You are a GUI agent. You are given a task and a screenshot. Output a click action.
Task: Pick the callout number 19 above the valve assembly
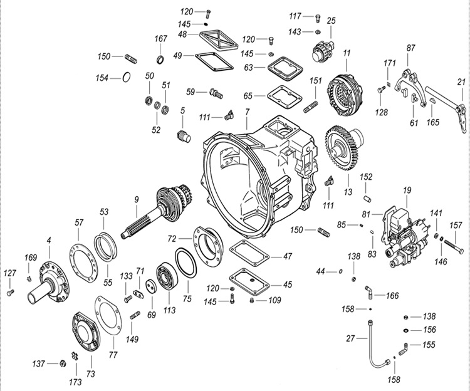point(406,189)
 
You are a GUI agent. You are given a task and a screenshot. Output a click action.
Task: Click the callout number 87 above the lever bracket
point(411,48)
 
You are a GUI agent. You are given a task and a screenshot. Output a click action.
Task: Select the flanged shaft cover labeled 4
point(51,281)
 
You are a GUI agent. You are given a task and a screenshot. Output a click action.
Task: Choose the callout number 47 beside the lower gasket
point(288,256)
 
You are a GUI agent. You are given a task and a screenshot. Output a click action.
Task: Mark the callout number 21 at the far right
point(461,81)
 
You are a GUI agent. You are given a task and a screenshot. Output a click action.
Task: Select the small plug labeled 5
point(184,135)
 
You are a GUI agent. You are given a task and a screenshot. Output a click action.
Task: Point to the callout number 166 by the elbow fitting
point(393,295)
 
